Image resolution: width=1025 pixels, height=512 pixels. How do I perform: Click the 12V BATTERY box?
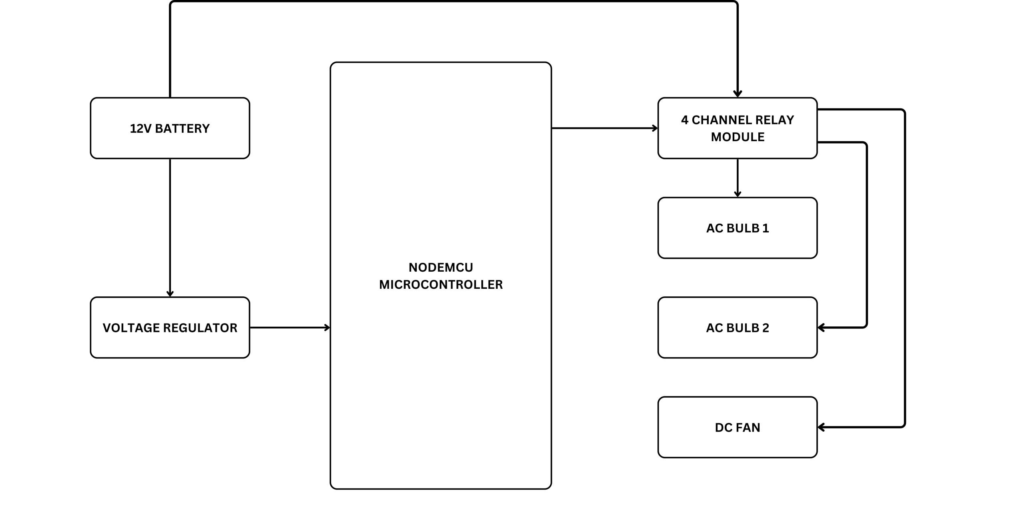(170, 128)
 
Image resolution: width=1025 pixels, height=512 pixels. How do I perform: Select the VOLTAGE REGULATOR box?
(170, 328)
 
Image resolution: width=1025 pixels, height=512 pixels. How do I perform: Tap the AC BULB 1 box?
(738, 228)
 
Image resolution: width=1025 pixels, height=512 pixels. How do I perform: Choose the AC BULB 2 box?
(738, 328)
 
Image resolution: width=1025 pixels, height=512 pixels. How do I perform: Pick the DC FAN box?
(738, 427)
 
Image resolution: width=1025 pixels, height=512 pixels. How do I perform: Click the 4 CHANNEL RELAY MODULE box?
(738, 128)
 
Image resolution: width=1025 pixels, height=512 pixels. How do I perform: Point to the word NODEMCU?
(441, 267)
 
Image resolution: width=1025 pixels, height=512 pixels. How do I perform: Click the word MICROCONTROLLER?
(441, 284)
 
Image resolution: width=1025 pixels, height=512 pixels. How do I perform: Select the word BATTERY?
(182, 128)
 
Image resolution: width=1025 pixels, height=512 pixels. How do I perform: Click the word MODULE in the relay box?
(738, 137)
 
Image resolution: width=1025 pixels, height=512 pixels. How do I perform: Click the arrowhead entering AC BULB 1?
(738, 194)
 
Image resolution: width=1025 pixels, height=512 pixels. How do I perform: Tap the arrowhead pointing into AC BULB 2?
(821, 328)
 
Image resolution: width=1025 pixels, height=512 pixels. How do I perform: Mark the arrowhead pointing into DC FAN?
(821, 427)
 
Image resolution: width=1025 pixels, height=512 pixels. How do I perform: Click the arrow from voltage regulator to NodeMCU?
(290, 328)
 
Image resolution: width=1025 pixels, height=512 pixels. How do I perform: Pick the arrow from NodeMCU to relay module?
(605, 128)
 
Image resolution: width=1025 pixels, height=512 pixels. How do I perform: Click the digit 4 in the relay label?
(685, 120)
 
